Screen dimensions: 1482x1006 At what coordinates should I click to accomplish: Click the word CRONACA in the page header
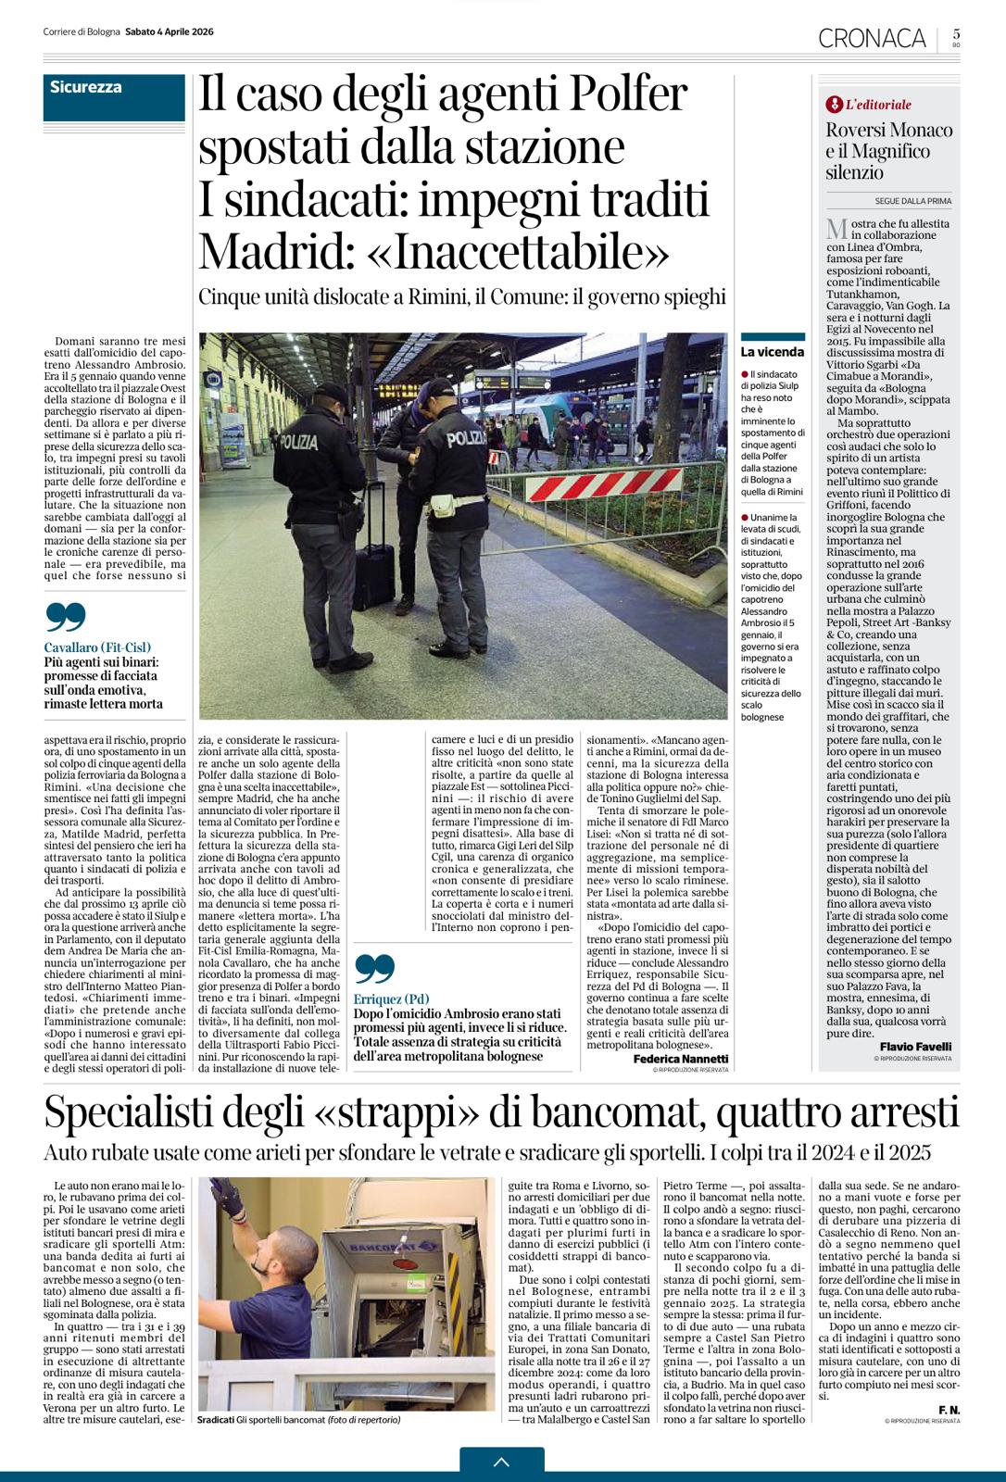click(872, 37)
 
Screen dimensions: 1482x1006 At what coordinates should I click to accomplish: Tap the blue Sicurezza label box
click(113, 95)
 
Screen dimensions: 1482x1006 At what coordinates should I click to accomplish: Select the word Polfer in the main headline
click(628, 96)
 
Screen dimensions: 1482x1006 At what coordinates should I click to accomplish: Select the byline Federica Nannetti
click(681, 1059)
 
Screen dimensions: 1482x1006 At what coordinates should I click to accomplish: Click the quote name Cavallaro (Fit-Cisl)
click(97, 647)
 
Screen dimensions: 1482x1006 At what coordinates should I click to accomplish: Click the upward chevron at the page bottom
click(502, 1463)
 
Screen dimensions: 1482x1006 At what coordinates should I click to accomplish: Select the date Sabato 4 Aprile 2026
click(170, 31)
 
